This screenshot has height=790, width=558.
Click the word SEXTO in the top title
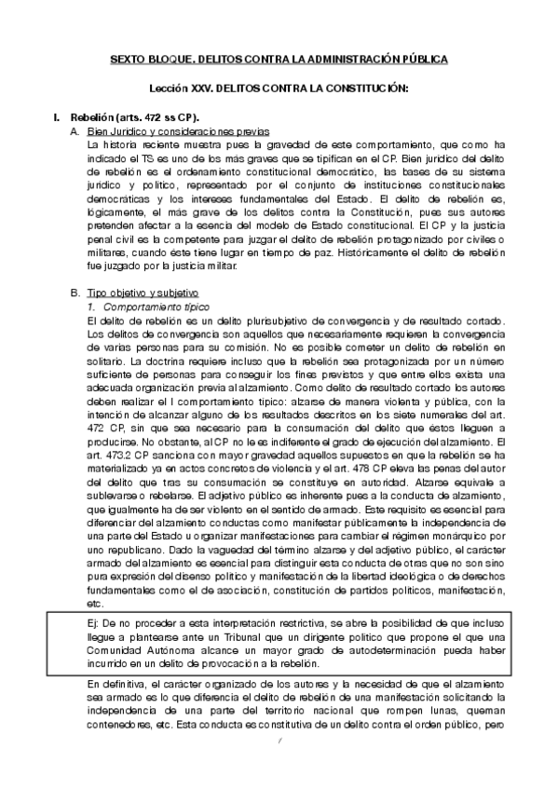[129, 59]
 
